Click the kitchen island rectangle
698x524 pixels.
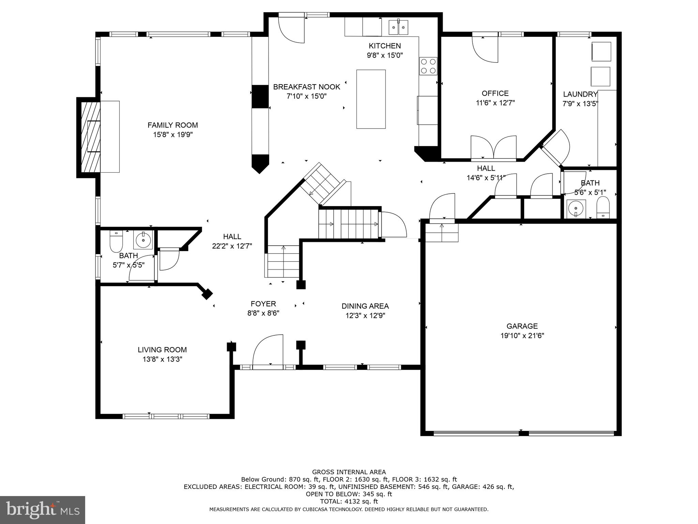371,99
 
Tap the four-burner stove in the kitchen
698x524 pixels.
428,66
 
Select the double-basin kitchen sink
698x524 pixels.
398,27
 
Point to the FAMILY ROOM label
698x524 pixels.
172,125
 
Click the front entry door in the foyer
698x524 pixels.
268,351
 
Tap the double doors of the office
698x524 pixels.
494,148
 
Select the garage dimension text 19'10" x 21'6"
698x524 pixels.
522,336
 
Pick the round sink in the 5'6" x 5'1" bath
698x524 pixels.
576,208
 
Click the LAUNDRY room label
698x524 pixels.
580,94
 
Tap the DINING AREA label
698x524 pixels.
365,306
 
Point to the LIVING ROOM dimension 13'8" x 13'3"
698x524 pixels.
162,359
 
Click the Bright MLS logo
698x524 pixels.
42,510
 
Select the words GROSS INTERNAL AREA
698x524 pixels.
349,472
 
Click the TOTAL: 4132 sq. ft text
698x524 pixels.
349,501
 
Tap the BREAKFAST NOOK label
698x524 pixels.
306,87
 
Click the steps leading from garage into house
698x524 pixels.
442,232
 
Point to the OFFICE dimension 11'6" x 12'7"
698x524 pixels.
495,103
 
